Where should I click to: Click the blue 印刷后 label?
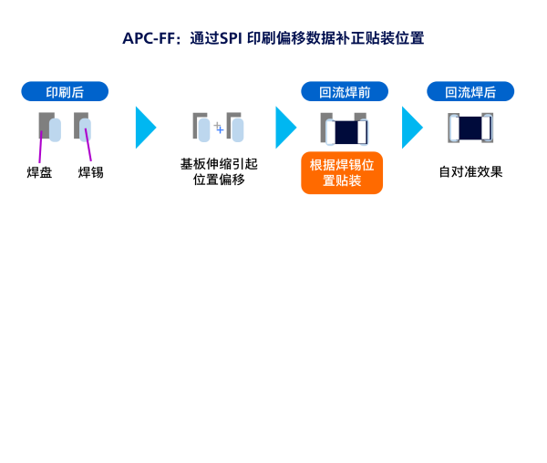pos(65,92)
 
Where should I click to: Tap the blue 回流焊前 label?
pos(345,92)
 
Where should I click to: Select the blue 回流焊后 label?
pos(470,92)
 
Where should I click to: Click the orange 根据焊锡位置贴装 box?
pos(342,173)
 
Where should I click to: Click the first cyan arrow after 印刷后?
pos(145,128)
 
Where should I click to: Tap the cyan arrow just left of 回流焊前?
pos(285,128)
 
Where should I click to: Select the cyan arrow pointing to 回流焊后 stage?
pos(412,128)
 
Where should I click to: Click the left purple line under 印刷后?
pos(40,148)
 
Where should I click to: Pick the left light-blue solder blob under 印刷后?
pos(55,129)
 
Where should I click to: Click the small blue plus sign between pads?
pos(220,129)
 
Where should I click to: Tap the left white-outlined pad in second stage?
pos(204,130)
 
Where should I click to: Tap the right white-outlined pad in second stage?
pos(238,130)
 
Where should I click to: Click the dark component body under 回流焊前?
pos(346,132)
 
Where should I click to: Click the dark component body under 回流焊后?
pos(470,128)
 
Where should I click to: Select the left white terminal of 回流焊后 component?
pos(454,128)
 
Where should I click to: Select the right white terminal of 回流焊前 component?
pos(363,132)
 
